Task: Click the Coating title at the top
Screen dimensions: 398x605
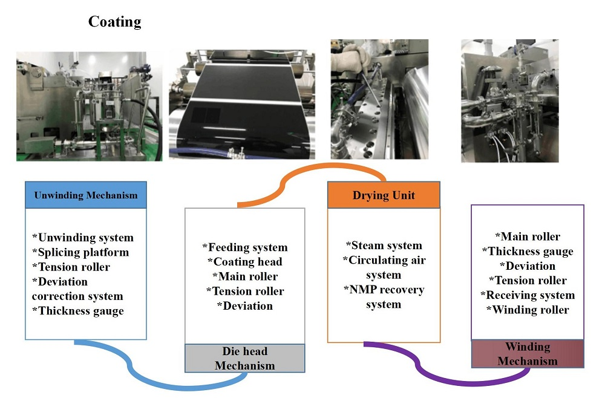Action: (114, 22)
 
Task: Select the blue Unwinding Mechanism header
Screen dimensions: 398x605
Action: (85, 195)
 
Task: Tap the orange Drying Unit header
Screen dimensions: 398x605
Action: (384, 195)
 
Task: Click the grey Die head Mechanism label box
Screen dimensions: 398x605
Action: (244, 358)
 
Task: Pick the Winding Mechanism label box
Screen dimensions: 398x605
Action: (528, 354)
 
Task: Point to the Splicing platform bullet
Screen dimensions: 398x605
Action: (80, 252)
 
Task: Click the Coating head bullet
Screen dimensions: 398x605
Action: (244, 262)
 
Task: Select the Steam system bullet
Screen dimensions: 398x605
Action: (384, 246)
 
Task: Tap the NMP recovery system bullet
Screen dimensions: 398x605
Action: (384, 297)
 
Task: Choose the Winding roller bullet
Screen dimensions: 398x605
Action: (528, 310)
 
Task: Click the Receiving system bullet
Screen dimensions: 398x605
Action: (528, 295)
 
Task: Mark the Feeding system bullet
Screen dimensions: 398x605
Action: (244, 247)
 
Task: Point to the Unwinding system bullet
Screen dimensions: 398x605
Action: (82, 238)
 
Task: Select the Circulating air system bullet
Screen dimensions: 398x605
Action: (384, 267)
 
